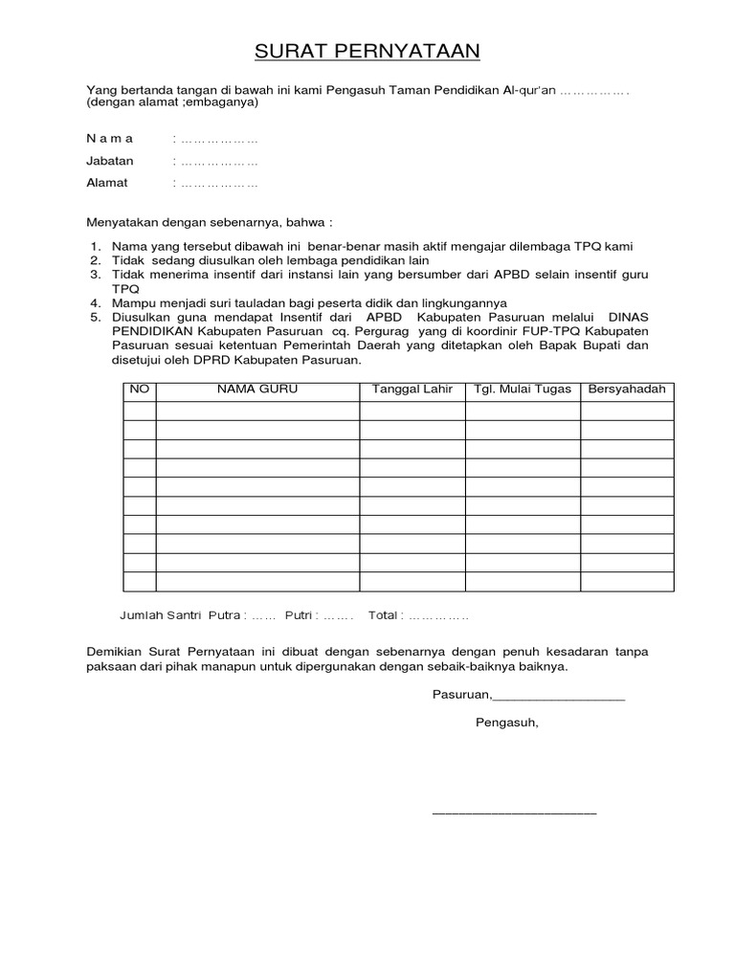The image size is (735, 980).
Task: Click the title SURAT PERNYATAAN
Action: click(367, 51)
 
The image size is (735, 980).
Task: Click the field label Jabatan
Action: click(110, 161)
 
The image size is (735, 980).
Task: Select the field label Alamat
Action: click(107, 183)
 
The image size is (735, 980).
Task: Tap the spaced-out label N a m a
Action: click(110, 139)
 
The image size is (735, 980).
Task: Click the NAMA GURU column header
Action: click(257, 390)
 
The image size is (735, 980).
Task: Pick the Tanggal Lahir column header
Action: click(412, 390)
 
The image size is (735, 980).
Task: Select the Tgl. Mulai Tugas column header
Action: click(523, 390)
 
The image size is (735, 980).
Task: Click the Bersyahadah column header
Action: click(627, 390)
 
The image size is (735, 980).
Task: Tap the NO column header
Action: click(139, 390)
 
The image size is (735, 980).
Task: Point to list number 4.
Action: click(96, 304)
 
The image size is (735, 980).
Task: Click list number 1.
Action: click(96, 247)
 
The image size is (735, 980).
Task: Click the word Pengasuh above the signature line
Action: click(507, 723)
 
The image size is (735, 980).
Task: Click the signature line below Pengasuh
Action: click(514, 813)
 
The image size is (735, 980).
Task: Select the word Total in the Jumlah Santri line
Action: click(384, 614)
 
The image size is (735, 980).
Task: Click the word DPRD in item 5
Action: click(206, 361)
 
